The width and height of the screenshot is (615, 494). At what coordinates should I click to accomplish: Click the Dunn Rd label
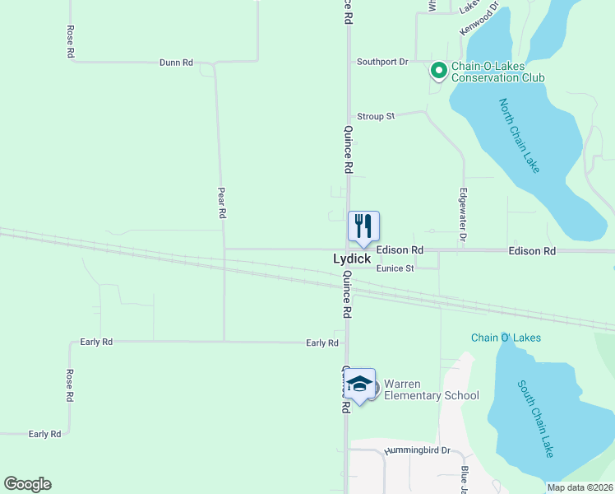pyautogui.click(x=176, y=63)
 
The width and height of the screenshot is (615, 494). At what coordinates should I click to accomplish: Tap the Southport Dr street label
pyautogui.click(x=382, y=62)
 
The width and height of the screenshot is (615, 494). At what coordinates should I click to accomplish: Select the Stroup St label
pyautogui.click(x=376, y=116)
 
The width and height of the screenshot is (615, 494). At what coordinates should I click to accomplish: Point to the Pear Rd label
pyautogui.click(x=221, y=202)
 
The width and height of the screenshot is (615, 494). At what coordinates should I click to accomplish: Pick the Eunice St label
pyautogui.click(x=395, y=268)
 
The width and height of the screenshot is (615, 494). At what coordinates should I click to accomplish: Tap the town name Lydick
pyautogui.click(x=351, y=259)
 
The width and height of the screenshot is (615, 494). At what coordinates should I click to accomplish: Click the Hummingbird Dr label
pyautogui.click(x=423, y=450)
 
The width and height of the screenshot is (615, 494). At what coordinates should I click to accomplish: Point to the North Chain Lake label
pyautogui.click(x=520, y=135)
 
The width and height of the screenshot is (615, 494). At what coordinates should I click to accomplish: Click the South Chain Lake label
pyautogui.click(x=536, y=418)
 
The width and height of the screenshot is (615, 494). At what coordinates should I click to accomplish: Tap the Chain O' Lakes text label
pyautogui.click(x=506, y=338)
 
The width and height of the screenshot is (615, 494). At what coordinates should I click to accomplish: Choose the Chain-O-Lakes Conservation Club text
pyautogui.click(x=498, y=72)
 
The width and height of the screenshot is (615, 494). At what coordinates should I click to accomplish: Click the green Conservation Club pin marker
pyautogui.click(x=439, y=72)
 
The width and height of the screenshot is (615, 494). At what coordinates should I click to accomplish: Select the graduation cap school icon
pyautogui.click(x=359, y=384)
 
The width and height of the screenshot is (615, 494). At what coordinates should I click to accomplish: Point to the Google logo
pyautogui.click(x=28, y=484)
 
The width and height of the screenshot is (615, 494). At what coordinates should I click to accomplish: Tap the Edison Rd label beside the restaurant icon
pyautogui.click(x=400, y=249)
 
